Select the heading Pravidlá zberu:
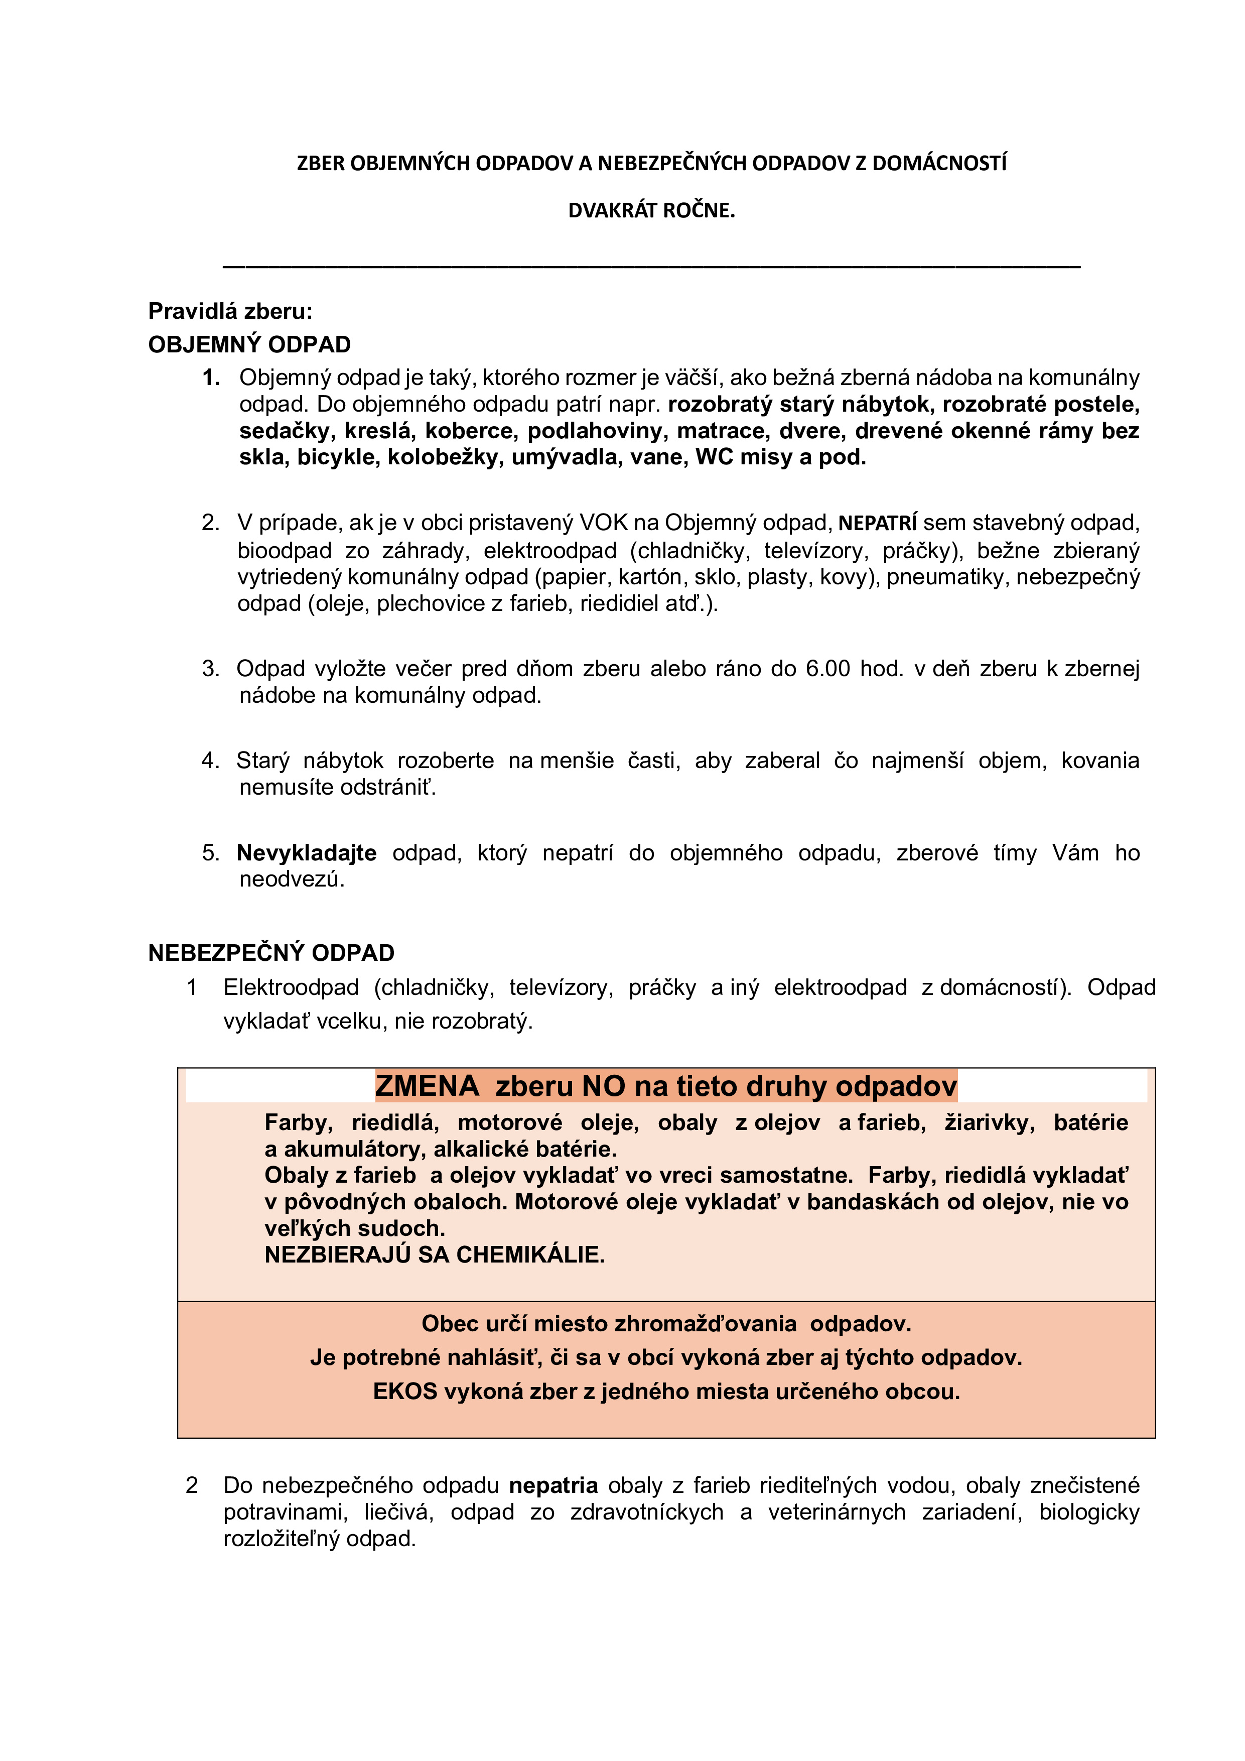(x=230, y=311)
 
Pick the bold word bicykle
(x=337, y=458)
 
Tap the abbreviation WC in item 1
(x=713, y=458)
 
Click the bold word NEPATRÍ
(x=877, y=524)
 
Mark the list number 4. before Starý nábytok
(x=211, y=761)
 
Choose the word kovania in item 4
(x=1099, y=761)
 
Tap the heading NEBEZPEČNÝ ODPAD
(x=270, y=953)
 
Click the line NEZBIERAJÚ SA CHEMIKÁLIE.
(x=434, y=1255)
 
